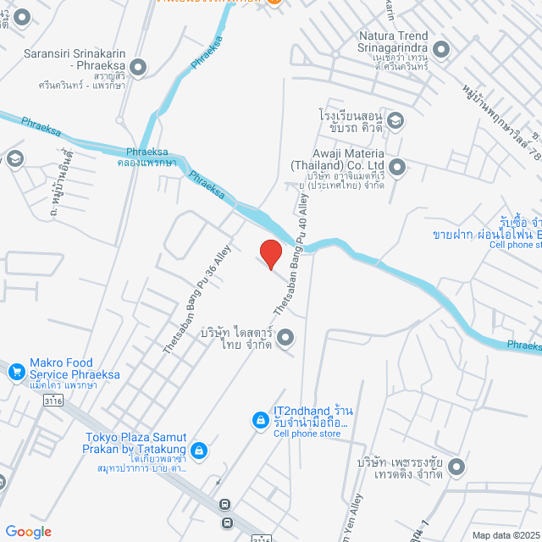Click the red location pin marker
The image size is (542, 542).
click(x=270, y=253)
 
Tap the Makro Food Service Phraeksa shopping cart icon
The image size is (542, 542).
click(x=15, y=370)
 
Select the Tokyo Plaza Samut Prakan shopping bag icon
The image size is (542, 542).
click(x=198, y=451)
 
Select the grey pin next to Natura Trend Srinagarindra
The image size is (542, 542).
click(x=441, y=50)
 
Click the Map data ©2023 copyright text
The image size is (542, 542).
click(x=505, y=534)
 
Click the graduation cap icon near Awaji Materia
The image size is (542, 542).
click(x=395, y=121)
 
